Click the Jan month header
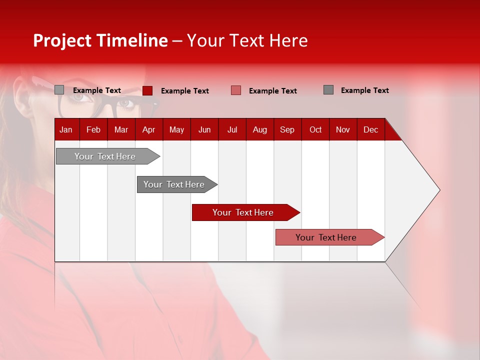[66, 129]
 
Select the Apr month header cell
[148, 129]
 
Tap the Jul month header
[232, 129]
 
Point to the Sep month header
[287, 129]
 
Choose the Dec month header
[370, 129]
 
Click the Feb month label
[93, 129]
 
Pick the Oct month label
[315, 129]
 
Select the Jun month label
[204, 129]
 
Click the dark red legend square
[147, 90]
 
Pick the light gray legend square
[59, 90]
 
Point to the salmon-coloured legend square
[236, 90]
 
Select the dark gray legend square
[328, 90]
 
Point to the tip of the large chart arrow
[439, 190]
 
